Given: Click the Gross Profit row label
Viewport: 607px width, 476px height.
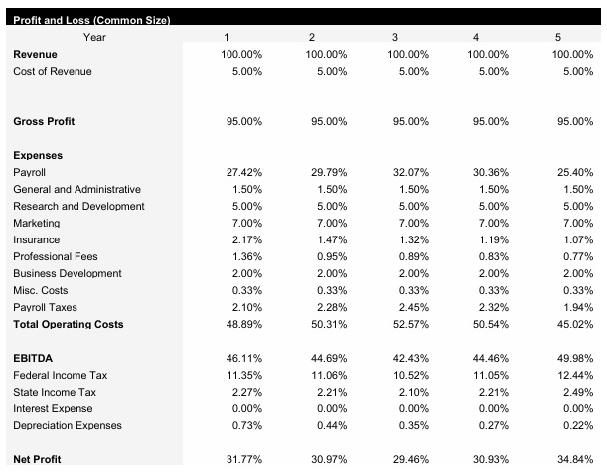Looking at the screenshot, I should [44, 121].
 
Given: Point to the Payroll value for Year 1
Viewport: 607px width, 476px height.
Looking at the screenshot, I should [243, 172].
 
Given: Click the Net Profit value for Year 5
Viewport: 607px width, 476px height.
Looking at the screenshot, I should [576, 459].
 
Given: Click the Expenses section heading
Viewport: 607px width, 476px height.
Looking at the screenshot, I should [38, 155].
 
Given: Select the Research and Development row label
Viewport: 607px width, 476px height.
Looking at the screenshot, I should [78, 206].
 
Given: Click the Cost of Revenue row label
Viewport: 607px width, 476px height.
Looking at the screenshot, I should [52, 71].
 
